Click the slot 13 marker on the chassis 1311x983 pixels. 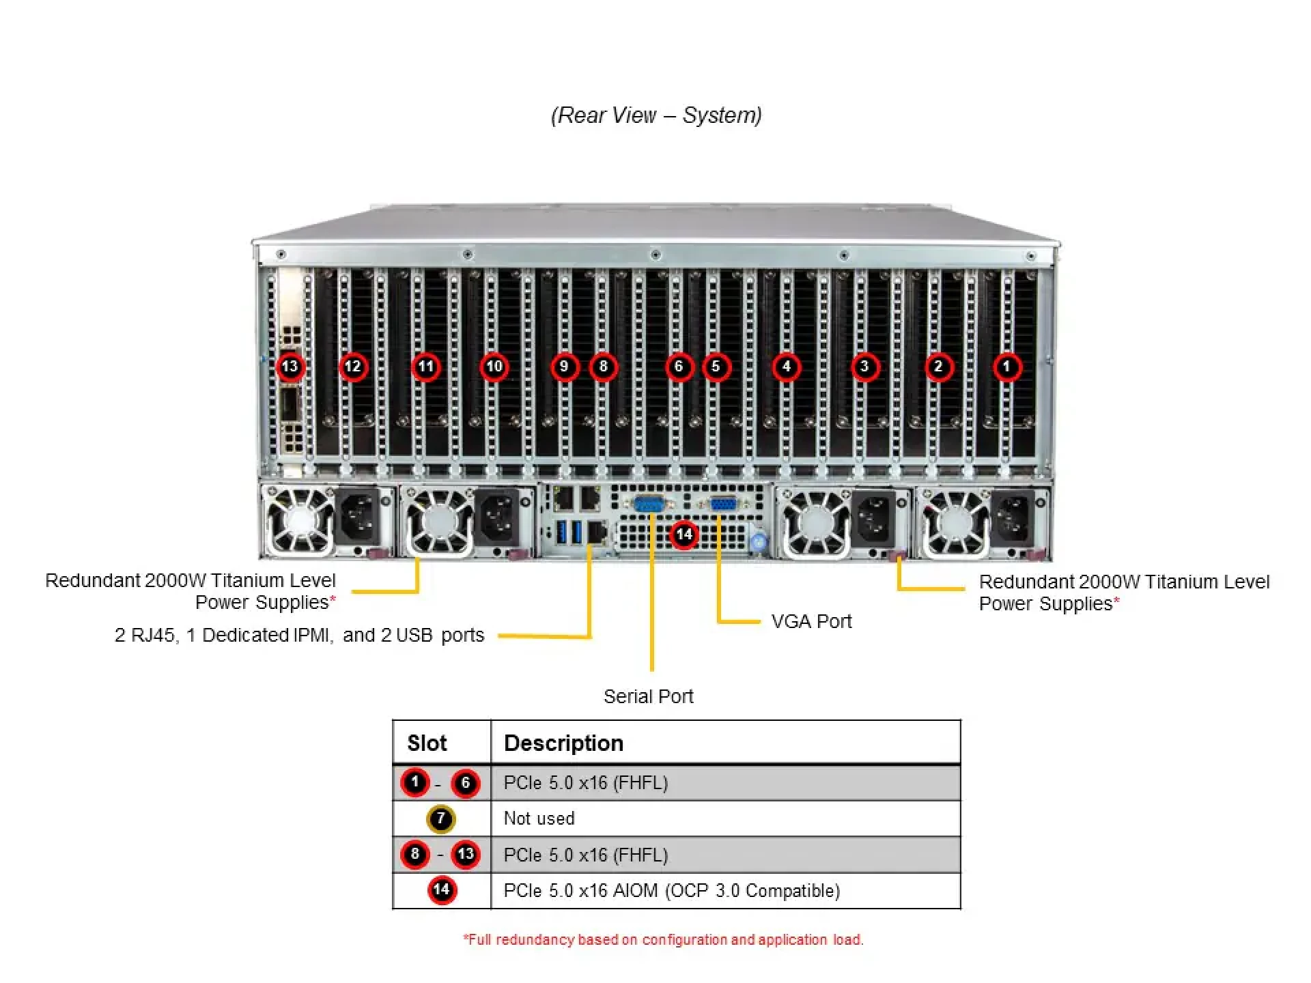(290, 367)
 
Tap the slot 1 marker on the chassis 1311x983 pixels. (1006, 367)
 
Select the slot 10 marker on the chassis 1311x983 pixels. (494, 367)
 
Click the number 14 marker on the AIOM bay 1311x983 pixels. (684, 535)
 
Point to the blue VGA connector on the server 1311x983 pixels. (722, 505)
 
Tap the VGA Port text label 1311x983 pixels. (811, 621)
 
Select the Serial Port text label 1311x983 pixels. (648, 696)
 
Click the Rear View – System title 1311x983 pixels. (656, 115)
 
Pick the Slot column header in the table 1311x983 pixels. (427, 743)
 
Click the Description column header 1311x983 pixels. (563, 743)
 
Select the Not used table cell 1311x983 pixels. (539, 818)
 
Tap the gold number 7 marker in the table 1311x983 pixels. (440, 818)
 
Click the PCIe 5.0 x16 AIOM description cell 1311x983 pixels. (671, 890)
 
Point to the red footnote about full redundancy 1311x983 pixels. (663, 939)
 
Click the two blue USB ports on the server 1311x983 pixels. (569, 532)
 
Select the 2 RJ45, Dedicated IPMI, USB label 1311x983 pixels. (299, 635)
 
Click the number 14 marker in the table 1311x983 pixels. (442, 889)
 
